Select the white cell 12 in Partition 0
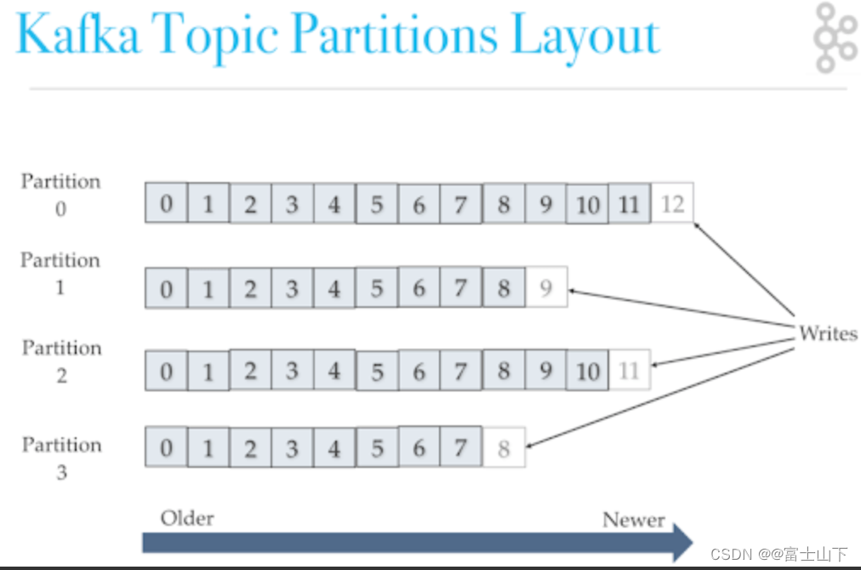coord(672,204)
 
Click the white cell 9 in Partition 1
coord(546,288)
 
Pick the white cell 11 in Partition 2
coord(630,371)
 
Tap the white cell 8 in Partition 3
coord(504,447)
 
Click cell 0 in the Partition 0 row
coord(167,204)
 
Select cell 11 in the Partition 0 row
coord(630,204)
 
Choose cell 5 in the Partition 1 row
coord(377,288)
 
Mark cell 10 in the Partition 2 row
coord(588,371)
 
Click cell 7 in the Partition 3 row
coord(461,447)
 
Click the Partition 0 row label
coord(60,194)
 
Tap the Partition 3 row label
coord(61,458)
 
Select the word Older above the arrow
coord(187,518)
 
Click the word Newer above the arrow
coord(633,520)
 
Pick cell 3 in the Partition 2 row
coord(293,371)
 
